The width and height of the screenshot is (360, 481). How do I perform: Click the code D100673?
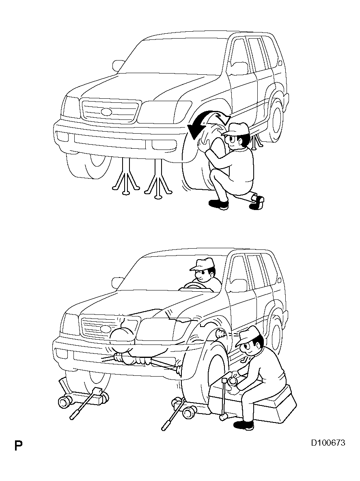click(x=328, y=443)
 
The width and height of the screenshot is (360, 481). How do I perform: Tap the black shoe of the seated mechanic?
click(x=244, y=425)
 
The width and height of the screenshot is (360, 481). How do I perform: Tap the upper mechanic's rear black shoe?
click(x=257, y=202)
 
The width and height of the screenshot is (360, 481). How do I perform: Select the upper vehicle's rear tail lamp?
click(x=280, y=63)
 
